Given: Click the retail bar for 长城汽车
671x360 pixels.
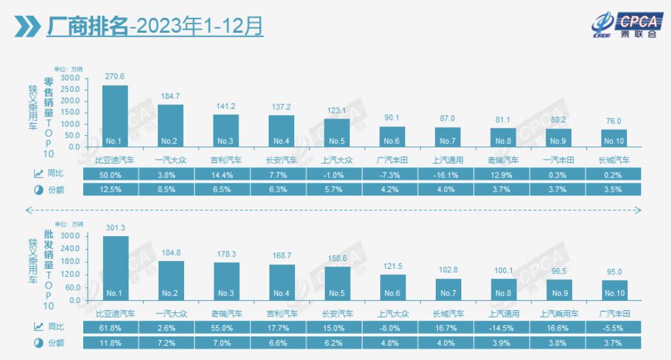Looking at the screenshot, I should (x=614, y=138).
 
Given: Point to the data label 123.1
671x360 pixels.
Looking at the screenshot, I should (x=337, y=111).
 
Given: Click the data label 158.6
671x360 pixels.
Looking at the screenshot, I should (x=337, y=258).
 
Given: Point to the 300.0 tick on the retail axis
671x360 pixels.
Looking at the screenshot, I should (x=70, y=78).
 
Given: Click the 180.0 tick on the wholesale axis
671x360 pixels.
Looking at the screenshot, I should (x=70, y=262).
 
